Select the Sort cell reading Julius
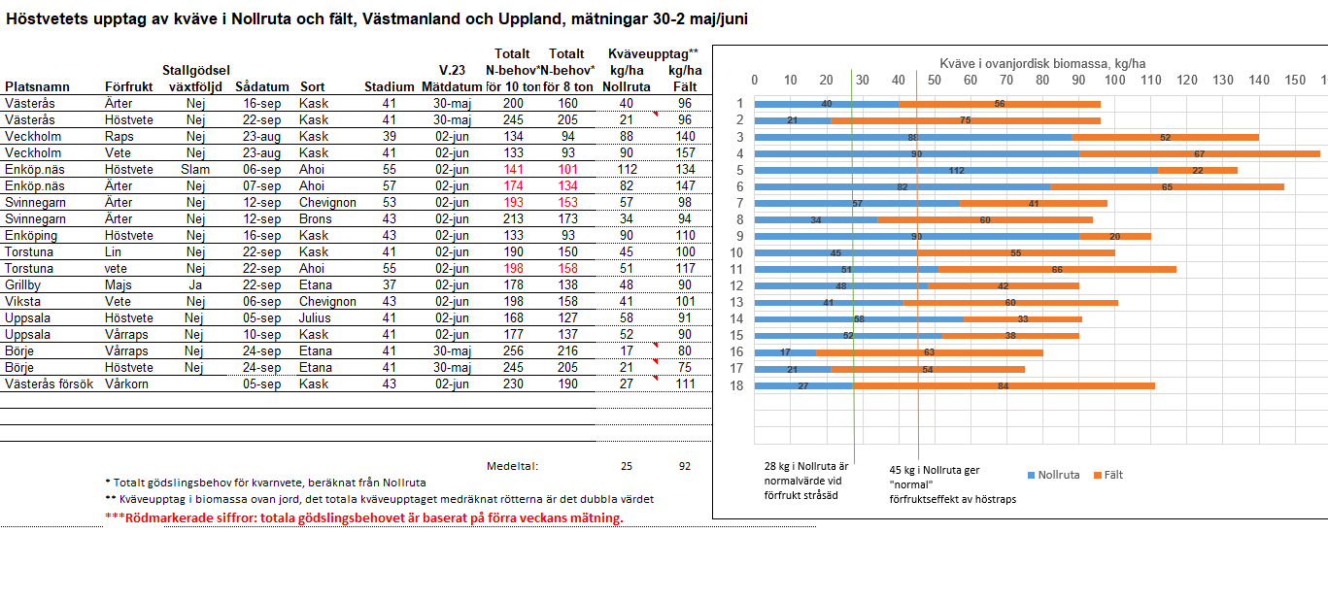tap(316, 317)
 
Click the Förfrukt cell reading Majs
tap(120, 284)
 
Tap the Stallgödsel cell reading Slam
tap(195, 169)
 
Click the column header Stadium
tap(389, 86)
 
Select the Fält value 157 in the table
tap(685, 152)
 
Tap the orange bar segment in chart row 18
tap(1003, 385)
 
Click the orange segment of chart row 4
tap(1199, 153)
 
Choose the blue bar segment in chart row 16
tap(785, 352)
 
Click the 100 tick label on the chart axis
tap(1114, 81)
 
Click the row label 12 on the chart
tap(738, 285)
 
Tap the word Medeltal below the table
tap(512, 466)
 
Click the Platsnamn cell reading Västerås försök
tap(49, 383)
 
